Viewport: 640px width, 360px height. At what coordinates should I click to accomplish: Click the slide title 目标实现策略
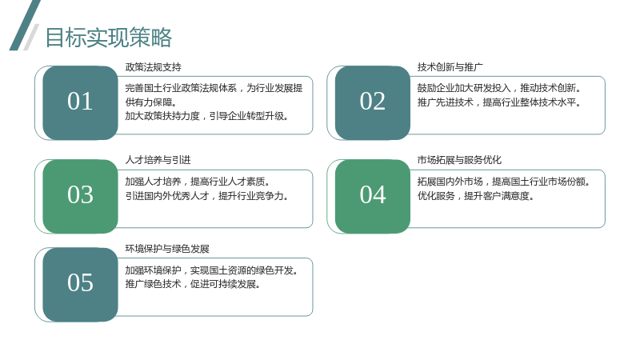pyautogui.click(x=109, y=38)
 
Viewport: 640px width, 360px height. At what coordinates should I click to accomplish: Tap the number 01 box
pyautogui.click(x=81, y=103)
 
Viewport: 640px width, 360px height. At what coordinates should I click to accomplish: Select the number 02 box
pyautogui.click(x=373, y=103)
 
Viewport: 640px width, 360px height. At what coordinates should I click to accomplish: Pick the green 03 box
pyautogui.click(x=81, y=196)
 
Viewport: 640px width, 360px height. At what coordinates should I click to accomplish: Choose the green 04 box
pyautogui.click(x=373, y=196)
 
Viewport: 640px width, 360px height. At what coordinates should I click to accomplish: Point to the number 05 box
pyautogui.click(x=81, y=285)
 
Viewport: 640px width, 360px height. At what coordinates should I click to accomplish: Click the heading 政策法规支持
pyautogui.click(x=154, y=67)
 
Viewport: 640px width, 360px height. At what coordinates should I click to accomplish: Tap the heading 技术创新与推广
pyautogui.click(x=450, y=67)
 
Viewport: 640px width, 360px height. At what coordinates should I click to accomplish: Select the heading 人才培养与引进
pyautogui.click(x=158, y=160)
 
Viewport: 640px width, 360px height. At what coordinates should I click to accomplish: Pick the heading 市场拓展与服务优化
pyautogui.click(x=459, y=160)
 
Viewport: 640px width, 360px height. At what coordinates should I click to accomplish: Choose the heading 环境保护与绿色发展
pyautogui.click(x=167, y=249)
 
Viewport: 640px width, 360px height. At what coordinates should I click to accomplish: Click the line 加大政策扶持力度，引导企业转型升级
pyautogui.click(x=207, y=116)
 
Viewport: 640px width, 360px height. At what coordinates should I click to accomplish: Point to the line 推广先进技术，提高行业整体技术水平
pyautogui.click(x=499, y=102)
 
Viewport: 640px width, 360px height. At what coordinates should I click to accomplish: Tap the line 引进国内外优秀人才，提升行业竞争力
pyautogui.click(x=207, y=196)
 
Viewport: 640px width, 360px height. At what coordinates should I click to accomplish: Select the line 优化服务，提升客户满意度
pyautogui.click(x=476, y=196)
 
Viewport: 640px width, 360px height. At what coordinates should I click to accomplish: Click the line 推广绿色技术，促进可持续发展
pyautogui.click(x=193, y=284)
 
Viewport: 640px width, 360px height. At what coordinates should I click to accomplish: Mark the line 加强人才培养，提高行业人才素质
pyautogui.click(x=198, y=182)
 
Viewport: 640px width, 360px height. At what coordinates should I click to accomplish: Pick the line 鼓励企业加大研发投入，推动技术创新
pyautogui.click(x=499, y=88)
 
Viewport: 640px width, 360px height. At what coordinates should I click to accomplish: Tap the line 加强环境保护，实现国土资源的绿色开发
pyautogui.click(x=212, y=270)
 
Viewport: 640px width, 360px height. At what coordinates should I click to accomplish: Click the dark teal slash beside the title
pyautogui.click(x=25, y=26)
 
